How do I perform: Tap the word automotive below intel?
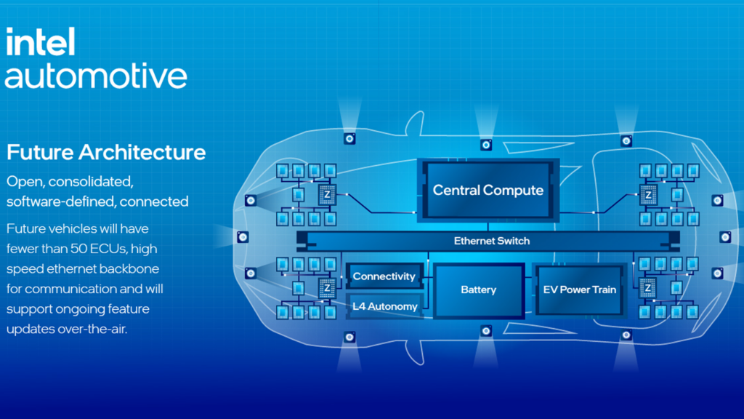tap(96, 76)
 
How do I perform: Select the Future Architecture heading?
tap(106, 153)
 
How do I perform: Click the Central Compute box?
tap(488, 191)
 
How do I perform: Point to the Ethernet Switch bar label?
tap(491, 241)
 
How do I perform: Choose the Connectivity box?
tap(384, 276)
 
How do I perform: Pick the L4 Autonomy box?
tap(384, 306)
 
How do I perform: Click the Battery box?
tap(478, 290)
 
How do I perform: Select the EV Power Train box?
tap(579, 290)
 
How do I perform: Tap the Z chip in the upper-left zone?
tap(326, 195)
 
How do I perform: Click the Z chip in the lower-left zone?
tap(326, 287)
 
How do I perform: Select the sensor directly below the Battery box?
tap(486, 331)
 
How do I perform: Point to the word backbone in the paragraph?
tap(131, 268)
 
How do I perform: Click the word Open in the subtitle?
tap(23, 180)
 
